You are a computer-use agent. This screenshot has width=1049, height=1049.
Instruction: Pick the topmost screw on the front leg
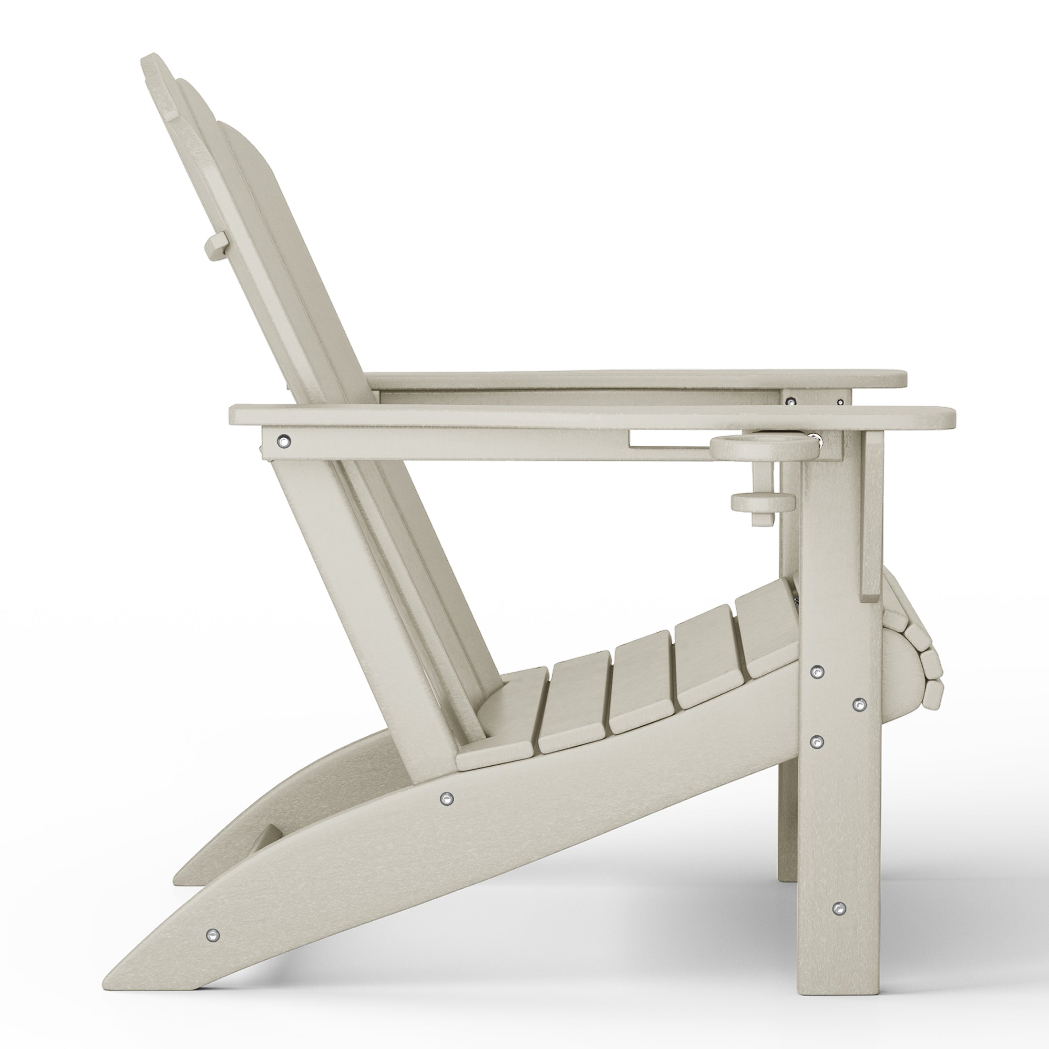816,672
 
